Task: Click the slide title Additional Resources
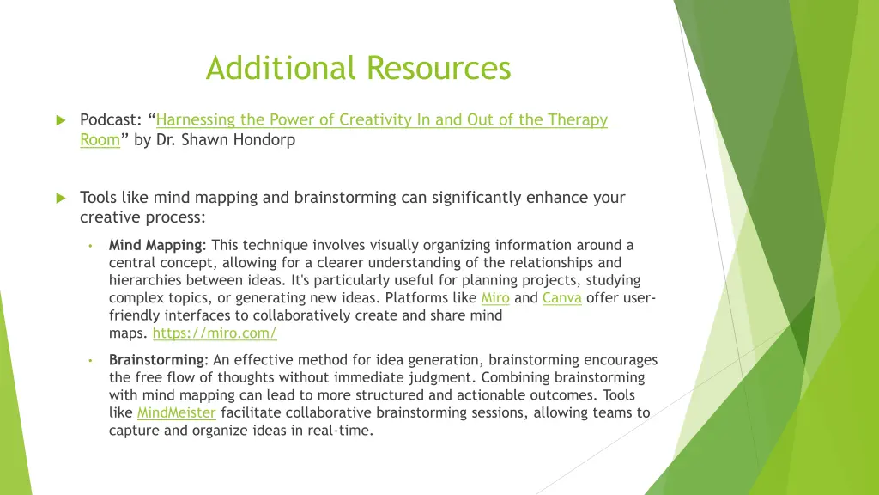[x=358, y=68]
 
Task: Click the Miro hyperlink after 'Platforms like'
[x=494, y=298]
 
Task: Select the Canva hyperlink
[x=561, y=298]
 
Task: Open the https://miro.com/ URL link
[x=214, y=333]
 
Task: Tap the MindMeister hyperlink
[x=176, y=412]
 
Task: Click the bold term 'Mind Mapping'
[x=155, y=245]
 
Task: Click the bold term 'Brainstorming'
[x=156, y=360]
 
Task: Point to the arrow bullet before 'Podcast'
[x=60, y=120]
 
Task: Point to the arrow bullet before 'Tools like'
[x=60, y=198]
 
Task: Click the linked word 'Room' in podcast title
[x=100, y=139]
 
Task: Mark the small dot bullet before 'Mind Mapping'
[x=89, y=246]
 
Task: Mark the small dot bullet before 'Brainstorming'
[x=89, y=360]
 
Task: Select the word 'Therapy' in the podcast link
[x=579, y=120]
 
